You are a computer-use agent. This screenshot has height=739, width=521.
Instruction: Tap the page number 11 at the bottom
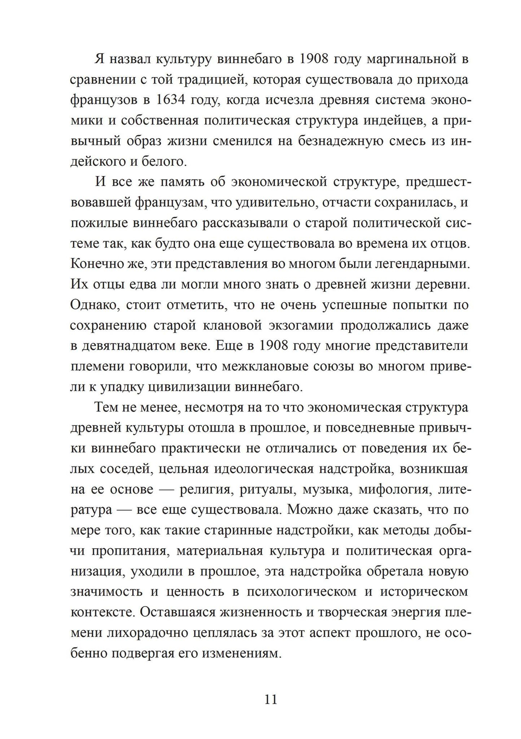pyautogui.click(x=271, y=699)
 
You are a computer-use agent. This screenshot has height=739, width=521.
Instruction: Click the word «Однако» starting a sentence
pyautogui.click(x=92, y=305)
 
